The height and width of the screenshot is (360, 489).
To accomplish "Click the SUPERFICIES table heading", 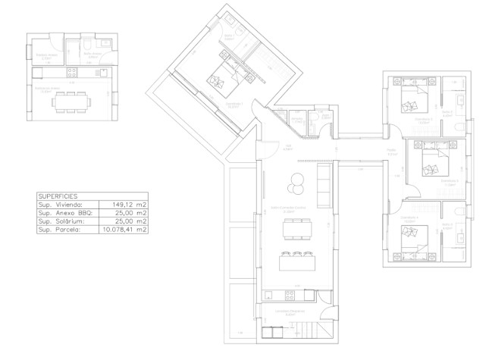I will pos(54,196).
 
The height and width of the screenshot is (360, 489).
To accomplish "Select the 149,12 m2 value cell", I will pos(129,204).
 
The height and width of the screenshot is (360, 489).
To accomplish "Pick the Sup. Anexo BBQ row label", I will pos(64,212).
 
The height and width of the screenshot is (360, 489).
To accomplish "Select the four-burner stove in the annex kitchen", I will pos(71,73).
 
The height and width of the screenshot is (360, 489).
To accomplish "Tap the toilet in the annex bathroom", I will pos(89,46).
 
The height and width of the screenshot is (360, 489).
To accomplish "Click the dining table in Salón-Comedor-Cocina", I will pos(296,228).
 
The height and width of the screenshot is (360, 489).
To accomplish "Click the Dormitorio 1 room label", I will pos(234,104).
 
